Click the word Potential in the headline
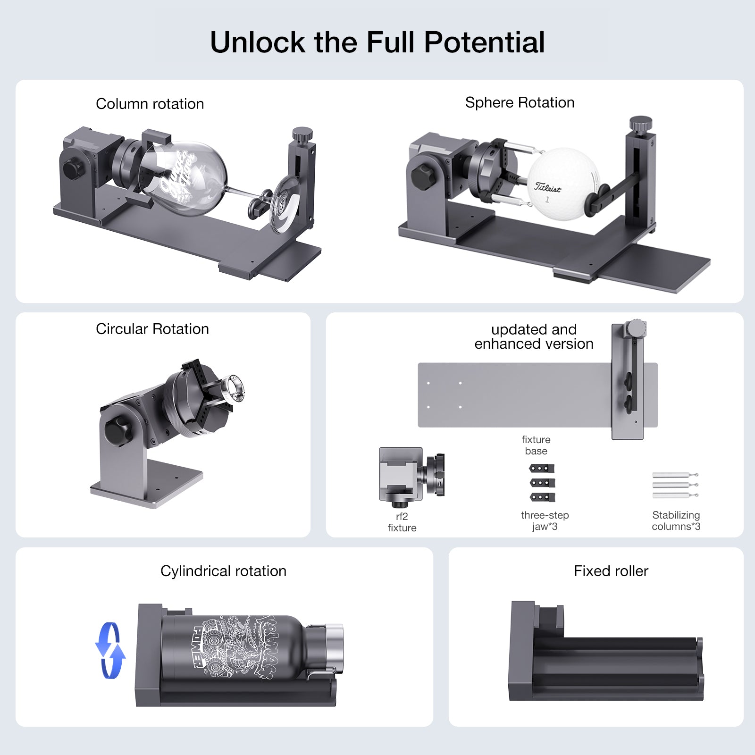(x=484, y=42)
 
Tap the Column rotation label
(x=150, y=104)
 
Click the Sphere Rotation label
(x=520, y=102)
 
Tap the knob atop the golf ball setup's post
(x=640, y=124)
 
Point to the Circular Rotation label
(x=152, y=329)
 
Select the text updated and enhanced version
(x=534, y=336)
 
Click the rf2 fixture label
(x=402, y=522)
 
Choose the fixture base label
(x=536, y=445)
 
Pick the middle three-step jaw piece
(x=542, y=483)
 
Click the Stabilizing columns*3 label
(x=676, y=520)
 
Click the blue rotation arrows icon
(x=110, y=651)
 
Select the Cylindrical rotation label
(x=223, y=571)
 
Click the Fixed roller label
(x=611, y=571)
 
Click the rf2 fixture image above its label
(x=411, y=474)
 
